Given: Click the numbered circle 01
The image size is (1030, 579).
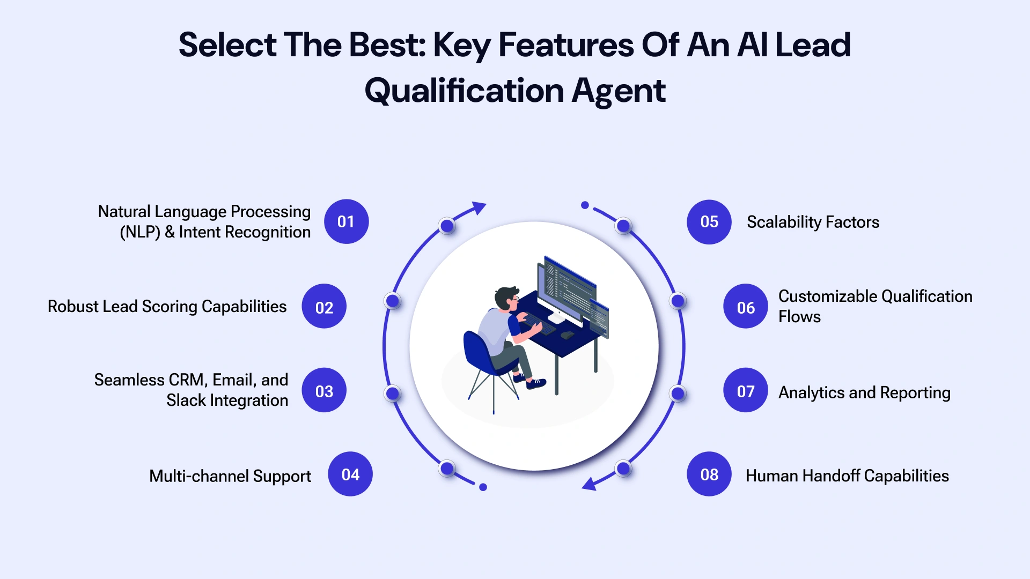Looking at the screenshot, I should tap(346, 221).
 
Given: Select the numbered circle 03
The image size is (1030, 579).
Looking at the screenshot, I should tap(324, 390).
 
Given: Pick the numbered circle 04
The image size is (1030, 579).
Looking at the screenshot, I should tap(350, 474).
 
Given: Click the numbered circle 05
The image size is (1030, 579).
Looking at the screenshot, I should tap(709, 221).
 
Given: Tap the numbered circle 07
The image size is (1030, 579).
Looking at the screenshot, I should tap(745, 390).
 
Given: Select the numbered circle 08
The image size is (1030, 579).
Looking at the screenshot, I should tap(709, 474).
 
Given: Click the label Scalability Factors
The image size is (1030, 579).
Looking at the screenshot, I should tap(813, 222).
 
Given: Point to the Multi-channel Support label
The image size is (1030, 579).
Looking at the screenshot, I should tap(230, 476).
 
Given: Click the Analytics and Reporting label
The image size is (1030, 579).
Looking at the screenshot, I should tap(864, 392).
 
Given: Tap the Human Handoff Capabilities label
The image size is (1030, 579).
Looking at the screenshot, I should tap(847, 476).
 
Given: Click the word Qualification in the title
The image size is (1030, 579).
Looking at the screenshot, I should tap(464, 90).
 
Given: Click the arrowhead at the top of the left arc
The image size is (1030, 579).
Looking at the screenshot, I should tap(479, 207).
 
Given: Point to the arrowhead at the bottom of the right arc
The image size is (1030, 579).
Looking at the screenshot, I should tap(590, 484).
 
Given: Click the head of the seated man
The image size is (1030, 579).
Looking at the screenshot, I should tap(506, 298).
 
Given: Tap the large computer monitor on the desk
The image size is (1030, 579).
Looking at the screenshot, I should tap(566, 289).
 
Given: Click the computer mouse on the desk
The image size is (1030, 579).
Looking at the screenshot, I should tap(566, 336).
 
